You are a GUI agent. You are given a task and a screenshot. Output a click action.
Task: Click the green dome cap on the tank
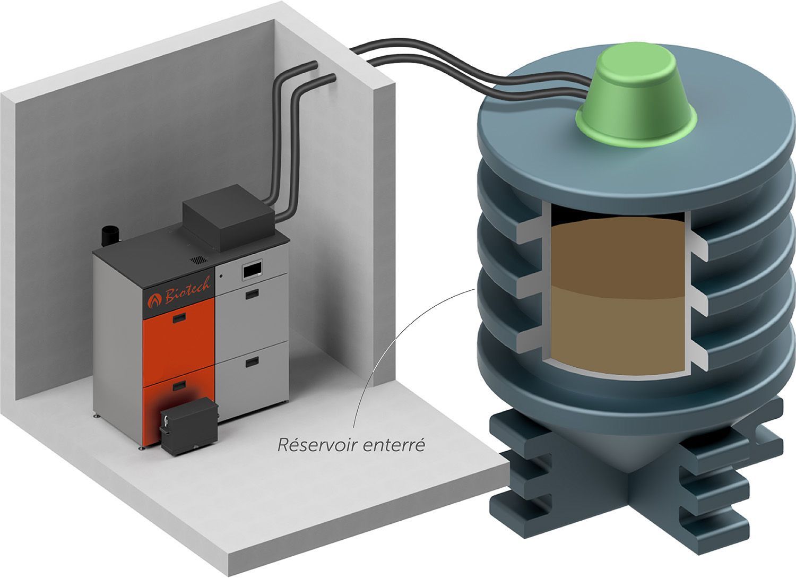tap(636, 98)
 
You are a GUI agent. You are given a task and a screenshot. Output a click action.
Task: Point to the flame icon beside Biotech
tap(154, 301)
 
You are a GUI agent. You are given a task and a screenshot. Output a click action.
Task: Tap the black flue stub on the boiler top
tap(110, 236)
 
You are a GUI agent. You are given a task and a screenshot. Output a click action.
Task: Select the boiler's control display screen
tap(252, 269)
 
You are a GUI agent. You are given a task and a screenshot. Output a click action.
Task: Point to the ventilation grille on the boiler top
tap(198, 260)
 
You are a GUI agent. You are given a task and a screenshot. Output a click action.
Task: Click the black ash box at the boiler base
tap(189, 426)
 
